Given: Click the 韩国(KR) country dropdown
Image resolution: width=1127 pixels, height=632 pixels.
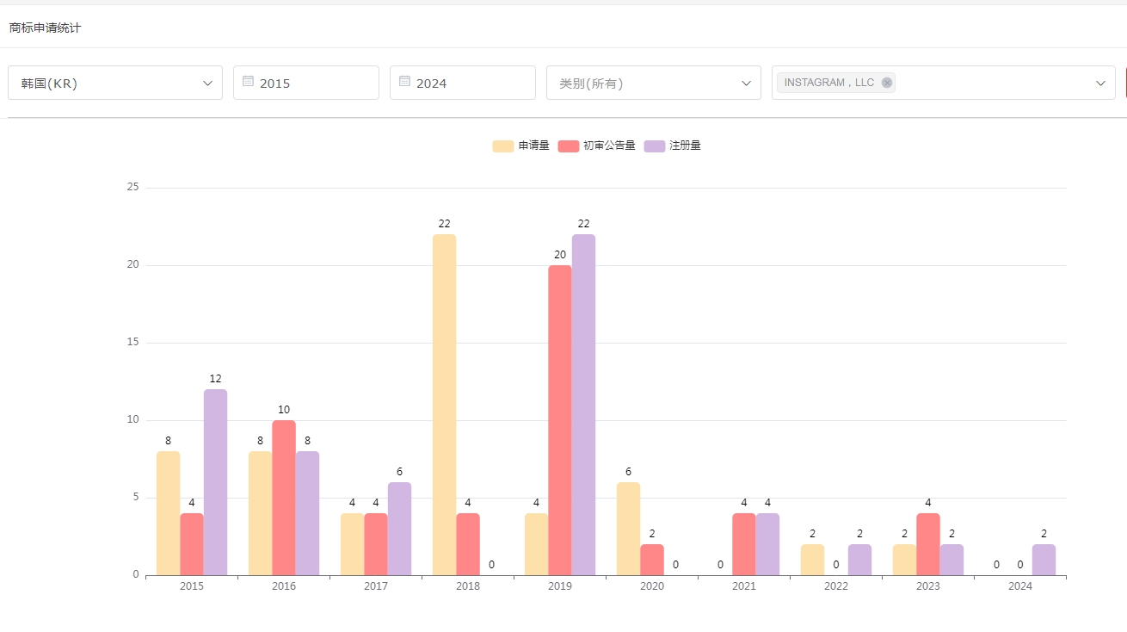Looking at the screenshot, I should tap(115, 83).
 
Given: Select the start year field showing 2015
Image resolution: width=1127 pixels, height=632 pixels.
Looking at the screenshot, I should tap(306, 83).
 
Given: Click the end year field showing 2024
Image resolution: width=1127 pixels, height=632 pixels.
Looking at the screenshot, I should tap(463, 83).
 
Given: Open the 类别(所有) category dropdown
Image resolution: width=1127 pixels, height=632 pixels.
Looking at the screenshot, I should tap(654, 83).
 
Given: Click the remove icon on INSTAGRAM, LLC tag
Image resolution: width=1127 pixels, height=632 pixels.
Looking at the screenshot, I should tap(887, 83).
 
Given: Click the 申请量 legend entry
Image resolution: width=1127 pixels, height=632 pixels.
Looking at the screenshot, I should tap(521, 146).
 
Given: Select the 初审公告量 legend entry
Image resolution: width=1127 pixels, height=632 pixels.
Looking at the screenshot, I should tap(597, 146).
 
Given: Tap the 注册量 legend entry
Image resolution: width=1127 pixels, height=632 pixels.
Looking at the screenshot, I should tap(673, 146).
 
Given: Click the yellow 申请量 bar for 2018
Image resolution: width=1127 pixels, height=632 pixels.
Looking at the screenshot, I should tap(444, 405).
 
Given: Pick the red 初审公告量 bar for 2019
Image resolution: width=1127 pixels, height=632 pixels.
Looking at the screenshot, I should tap(560, 420).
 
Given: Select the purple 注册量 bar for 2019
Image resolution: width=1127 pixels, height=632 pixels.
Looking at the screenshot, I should tap(583, 405).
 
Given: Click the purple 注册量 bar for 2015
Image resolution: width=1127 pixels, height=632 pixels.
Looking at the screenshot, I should tap(215, 482).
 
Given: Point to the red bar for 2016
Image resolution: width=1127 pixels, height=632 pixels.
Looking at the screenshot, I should tap(284, 498).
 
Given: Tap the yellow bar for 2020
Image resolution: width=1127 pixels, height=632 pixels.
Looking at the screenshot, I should tap(628, 529).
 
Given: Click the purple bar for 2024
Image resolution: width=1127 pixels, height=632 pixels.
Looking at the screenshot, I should tap(1044, 560).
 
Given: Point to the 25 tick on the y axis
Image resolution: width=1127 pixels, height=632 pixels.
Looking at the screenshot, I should tap(132, 187).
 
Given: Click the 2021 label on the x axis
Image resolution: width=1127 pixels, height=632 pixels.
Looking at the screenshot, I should tap(744, 586).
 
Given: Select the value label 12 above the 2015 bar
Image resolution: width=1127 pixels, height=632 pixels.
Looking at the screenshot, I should tap(215, 379).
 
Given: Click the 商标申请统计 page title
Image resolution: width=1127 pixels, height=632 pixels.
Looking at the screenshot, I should tap(45, 28).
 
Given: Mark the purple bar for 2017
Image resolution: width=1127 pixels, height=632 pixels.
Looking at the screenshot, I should tap(399, 529).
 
